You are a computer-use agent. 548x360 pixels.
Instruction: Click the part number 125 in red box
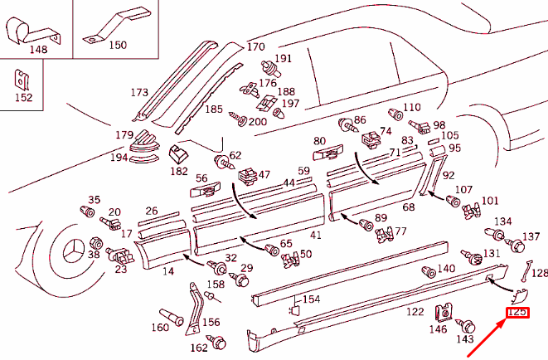pos(517,312)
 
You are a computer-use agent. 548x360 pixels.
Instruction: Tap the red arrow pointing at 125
pos(489,336)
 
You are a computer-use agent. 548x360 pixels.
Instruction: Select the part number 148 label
pos(38,50)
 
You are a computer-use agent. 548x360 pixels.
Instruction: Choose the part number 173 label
pos(139,92)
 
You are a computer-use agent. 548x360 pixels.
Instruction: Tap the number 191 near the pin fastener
pos(284,59)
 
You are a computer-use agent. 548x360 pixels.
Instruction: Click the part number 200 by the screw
pos(257,122)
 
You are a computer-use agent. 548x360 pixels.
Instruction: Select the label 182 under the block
pos(179,171)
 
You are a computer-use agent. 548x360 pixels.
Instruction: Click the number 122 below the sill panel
pos(415,311)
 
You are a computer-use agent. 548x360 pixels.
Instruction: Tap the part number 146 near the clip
pos(437,329)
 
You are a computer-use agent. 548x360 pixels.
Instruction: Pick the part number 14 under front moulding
pos(168,271)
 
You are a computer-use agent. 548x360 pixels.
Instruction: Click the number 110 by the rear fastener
pos(411,109)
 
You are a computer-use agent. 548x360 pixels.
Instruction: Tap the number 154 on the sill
pos(311,299)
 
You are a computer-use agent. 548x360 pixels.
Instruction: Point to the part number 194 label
pos(120,157)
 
